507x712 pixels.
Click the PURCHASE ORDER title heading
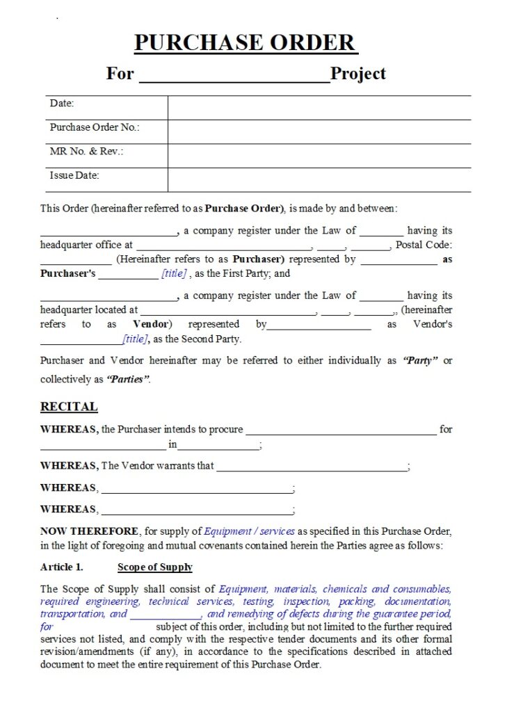[x=246, y=43]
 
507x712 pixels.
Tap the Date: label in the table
[x=62, y=104]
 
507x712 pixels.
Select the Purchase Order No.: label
[x=95, y=127]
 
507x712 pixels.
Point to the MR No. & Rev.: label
[x=86, y=152]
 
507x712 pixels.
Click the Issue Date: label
[x=74, y=175]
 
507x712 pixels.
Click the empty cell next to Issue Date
[x=319, y=179]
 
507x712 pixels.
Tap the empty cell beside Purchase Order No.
[x=319, y=131]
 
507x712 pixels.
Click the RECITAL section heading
[x=69, y=407]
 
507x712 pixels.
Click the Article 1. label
[x=61, y=567]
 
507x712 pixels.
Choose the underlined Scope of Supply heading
[x=155, y=567]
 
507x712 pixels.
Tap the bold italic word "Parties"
[x=128, y=380]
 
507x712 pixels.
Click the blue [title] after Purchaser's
[x=174, y=274]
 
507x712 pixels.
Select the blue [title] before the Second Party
[x=135, y=339]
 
